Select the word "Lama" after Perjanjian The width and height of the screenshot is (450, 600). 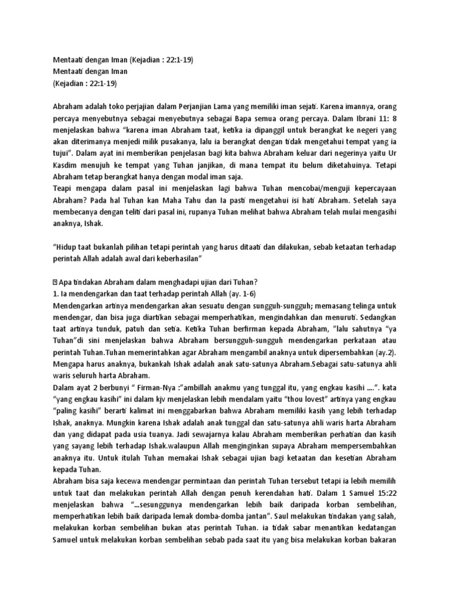click(x=234, y=108)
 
